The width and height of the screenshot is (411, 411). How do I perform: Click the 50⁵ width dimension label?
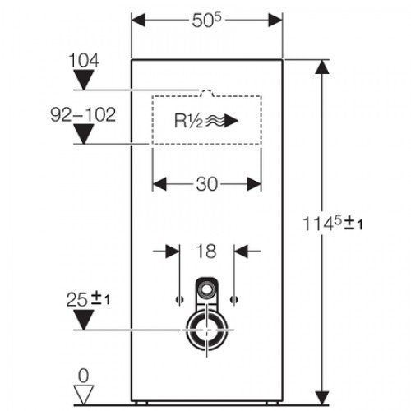pyautogui.click(x=206, y=21)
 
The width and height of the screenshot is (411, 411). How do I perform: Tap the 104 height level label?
pyautogui.click(x=84, y=60)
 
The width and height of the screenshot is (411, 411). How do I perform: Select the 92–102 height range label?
pyautogui.click(x=83, y=114)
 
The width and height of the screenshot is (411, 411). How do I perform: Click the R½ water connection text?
pyautogui.click(x=188, y=121)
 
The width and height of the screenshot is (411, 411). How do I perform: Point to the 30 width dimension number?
pyautogui.click(x=207, y=184)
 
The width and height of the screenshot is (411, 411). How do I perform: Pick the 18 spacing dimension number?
pyautogui.click(x=206, y=252)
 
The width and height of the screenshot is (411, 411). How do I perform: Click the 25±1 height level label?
pyautogui.click(x=88, y=299)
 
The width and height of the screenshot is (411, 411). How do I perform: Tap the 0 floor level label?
pyautogui.click(x=84, y=376)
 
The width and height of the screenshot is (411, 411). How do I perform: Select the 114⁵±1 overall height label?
pyautogui.click(x=333, y=224)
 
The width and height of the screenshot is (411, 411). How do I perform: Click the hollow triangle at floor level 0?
pyautogui.click(x=84, y=395)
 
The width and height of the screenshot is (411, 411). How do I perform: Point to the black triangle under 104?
pyautogui.click(x=84, y=80)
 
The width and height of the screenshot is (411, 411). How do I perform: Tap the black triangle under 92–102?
pyautogui.click(x=84, y=134)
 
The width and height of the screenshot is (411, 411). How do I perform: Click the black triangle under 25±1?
pyautogui.click(x=84, y=320)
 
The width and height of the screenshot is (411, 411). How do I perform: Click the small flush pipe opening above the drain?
pyautogui.click(x=207, y=290)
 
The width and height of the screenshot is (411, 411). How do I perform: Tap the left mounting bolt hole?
pyautogui.click(x=180, y=299)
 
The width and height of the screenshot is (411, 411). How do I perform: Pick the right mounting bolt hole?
pyautogui.click(x=234, y=299)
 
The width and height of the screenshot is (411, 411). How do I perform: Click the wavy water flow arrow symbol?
pyautogui.click(x=222, y=121)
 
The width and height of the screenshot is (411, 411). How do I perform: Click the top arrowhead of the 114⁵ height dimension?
pyautogui.click(x=322, y=67)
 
